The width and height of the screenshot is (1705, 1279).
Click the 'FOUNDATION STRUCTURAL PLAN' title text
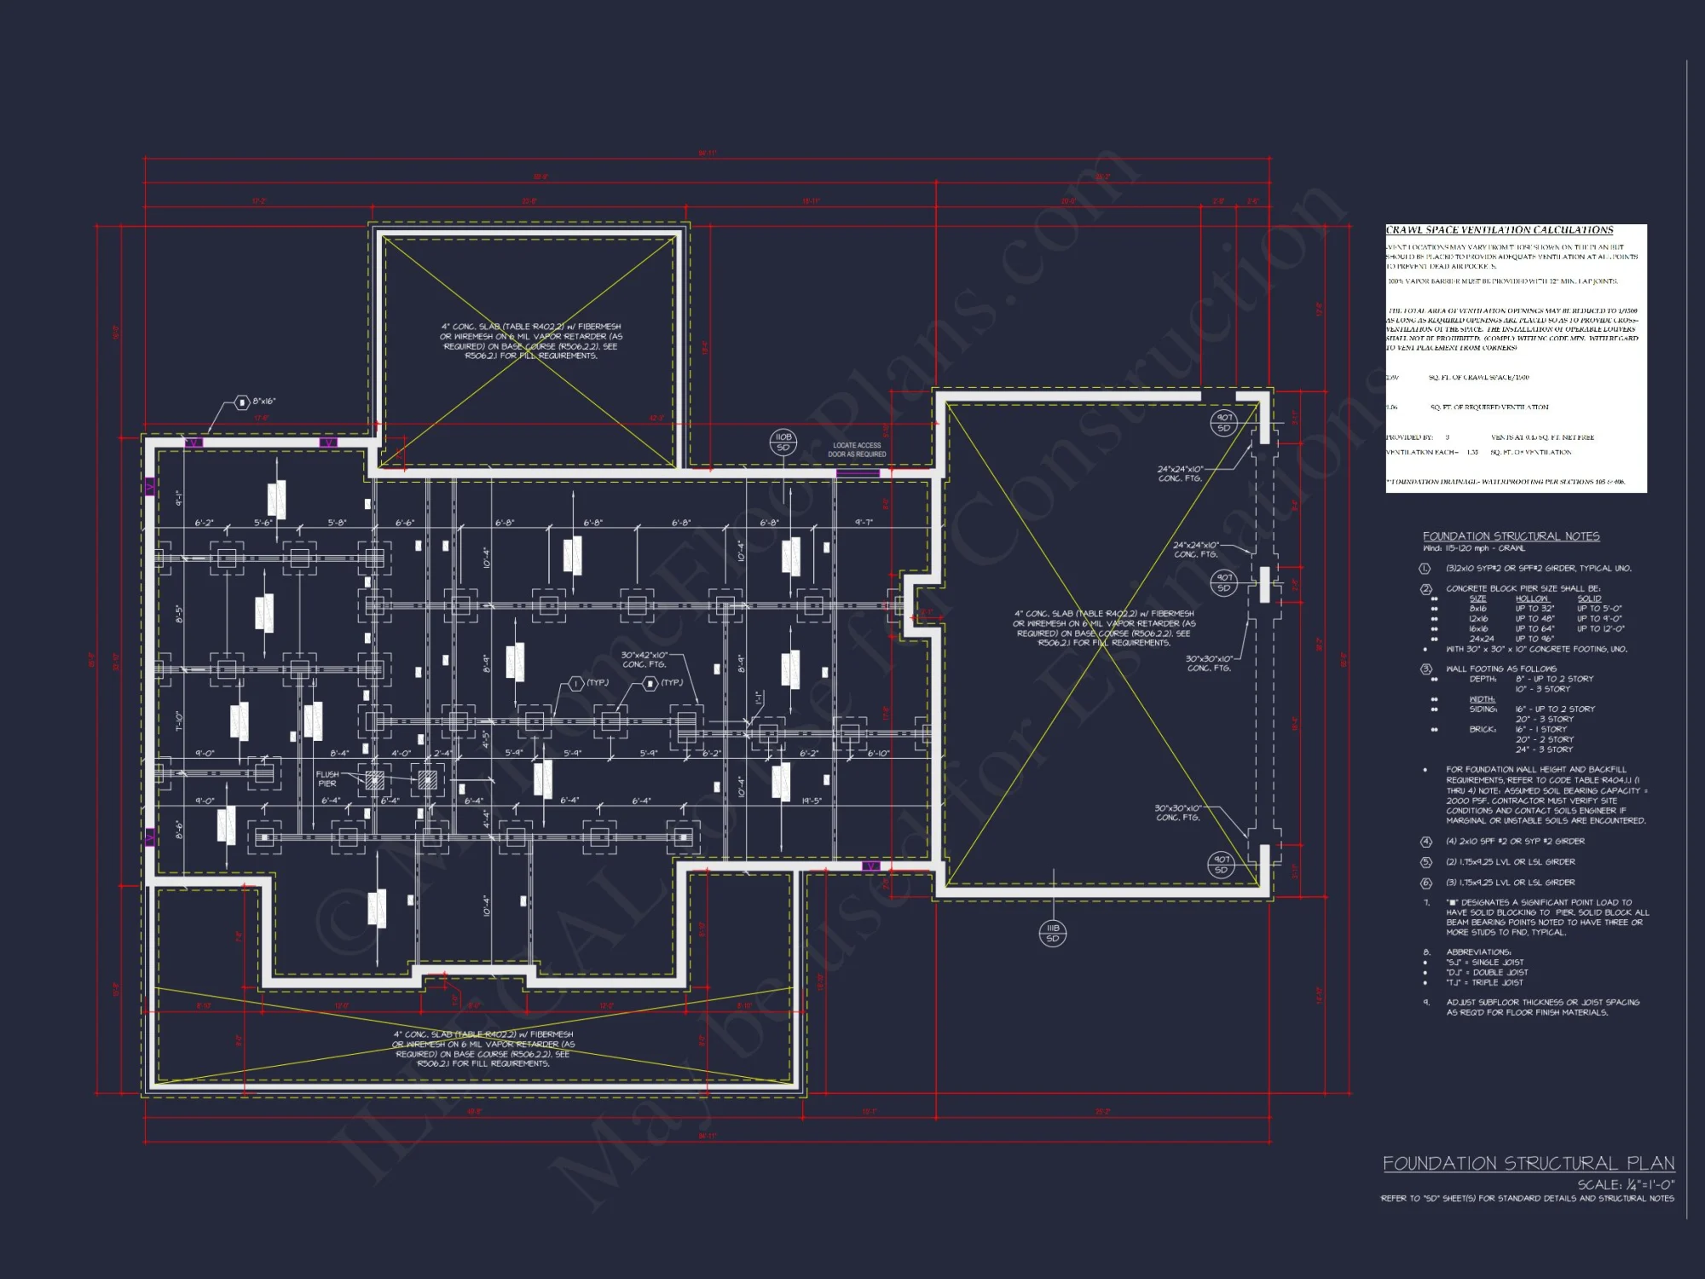pos(1528,1164)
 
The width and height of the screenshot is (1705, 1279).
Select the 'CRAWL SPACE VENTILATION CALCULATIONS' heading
pos(1499,230)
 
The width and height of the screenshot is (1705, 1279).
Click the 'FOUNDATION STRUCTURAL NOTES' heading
pos(1511,536)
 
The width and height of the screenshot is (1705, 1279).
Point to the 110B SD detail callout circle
pos(783,442)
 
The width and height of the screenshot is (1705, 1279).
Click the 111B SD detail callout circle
pos(1053,933)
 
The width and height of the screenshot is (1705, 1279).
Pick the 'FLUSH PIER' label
pos(327,779)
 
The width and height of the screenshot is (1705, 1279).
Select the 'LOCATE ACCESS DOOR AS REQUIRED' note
pos(857,450)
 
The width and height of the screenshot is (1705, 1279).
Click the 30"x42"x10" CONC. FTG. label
pos(644,660)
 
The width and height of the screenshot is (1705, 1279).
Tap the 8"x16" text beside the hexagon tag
pos(264,402)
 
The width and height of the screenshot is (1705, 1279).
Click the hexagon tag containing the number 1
pos(575,684)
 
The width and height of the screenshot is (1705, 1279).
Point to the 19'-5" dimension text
pos(812,801)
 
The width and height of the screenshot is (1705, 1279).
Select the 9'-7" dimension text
pos(864,523)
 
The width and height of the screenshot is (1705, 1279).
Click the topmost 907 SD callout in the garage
pos(1224,423)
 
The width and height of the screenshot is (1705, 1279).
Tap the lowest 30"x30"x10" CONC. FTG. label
pos(1177,813)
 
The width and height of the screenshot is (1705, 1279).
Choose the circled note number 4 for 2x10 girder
pos(1425,842)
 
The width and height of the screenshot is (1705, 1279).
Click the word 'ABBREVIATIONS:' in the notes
pos(1478,952)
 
